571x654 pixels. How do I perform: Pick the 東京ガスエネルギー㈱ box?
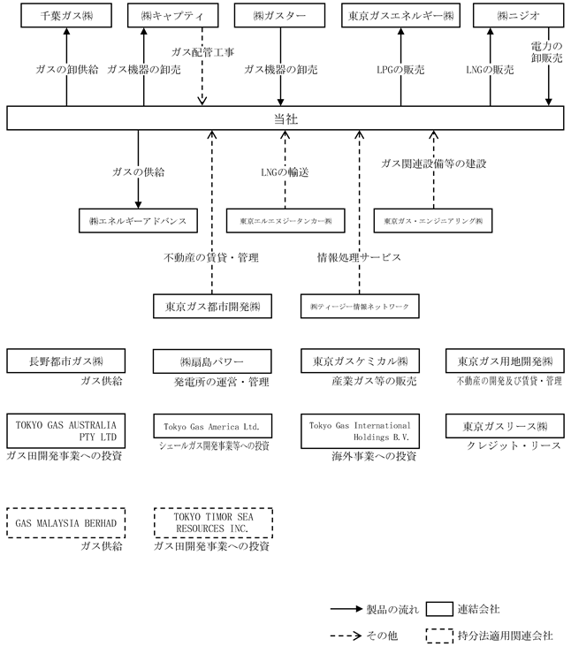pos(400,17)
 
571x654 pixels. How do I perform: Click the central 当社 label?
pos(285,117)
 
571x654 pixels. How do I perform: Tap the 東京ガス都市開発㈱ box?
pos(212,306)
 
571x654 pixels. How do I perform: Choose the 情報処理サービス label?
pos(360,258)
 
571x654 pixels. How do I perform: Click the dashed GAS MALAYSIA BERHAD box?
pos(66,521)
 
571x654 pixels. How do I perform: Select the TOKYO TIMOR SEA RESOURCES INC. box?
pos(212,521)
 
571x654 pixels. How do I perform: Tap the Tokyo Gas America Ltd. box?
pos(212,426)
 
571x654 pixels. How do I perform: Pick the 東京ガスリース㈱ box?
pos(505,426)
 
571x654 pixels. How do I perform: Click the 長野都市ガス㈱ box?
pos(66,361)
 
